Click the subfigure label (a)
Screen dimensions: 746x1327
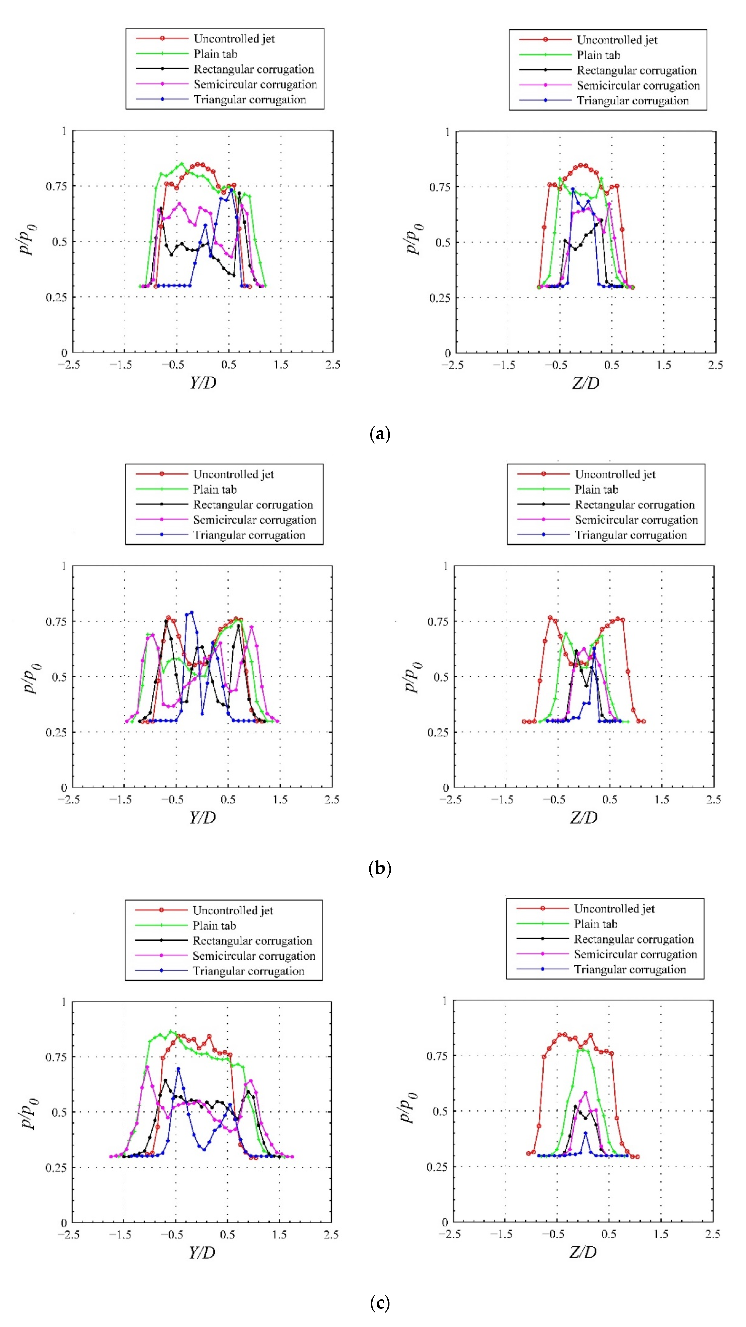[380, 434]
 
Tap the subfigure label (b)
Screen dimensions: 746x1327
[380, 869]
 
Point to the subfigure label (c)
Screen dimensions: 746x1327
[380, 1303]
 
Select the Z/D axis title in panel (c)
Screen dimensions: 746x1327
[583, 1252]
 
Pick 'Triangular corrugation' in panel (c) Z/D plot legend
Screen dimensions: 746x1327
[630, 970]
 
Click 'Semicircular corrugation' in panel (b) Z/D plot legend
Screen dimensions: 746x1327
[636, 520]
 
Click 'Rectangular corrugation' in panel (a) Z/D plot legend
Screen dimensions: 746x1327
[637, 70]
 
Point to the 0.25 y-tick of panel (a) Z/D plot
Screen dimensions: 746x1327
[439, 298]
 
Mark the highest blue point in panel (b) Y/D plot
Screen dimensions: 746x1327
[192, 613]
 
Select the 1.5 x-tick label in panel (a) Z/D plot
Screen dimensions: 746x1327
[664, 365]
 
